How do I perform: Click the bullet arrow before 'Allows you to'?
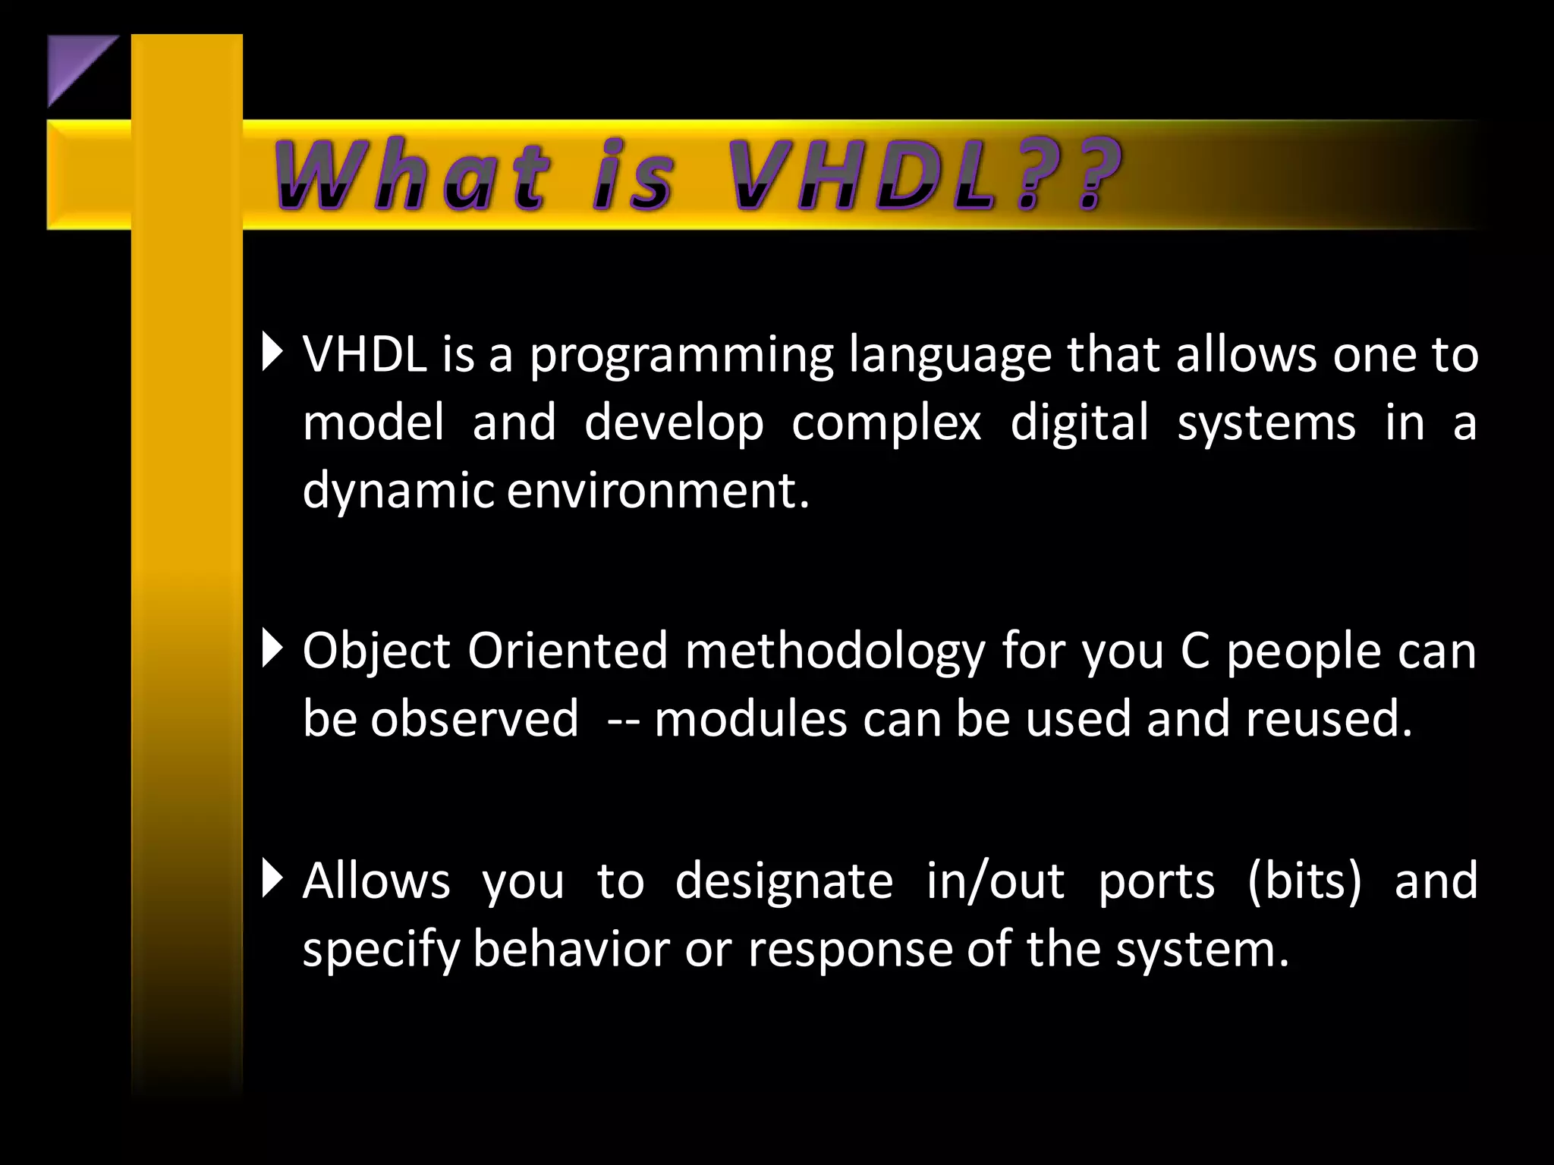tap(272, 878)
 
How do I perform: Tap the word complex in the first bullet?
tap(886, 423)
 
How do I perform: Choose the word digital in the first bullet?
tap(1080, 423)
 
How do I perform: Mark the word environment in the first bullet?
tap(657, 491)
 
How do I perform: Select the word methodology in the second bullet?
tap(835, 652)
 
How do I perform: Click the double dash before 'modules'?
tap(623, 721)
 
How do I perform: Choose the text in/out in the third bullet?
tap(995, 881)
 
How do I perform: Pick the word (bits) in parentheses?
tap(1304, 881)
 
